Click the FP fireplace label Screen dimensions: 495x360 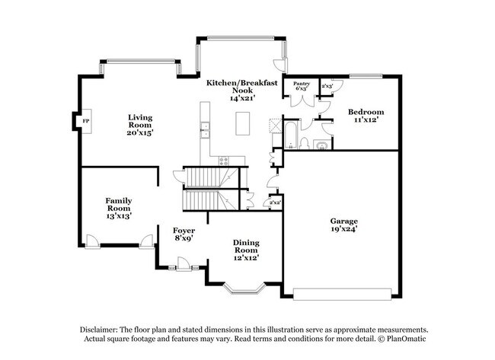pos(85,121)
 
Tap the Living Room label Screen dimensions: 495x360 pos(140,121)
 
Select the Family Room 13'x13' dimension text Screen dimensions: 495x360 pos(119,216)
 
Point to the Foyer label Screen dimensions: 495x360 pos(184,231)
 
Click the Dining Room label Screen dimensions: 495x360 pos(246,247)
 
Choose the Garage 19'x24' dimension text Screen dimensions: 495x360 pos(343,229)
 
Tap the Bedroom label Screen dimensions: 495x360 pos(366,112)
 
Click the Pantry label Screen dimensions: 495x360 pos(302,84)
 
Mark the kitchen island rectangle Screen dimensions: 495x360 pos(242,123)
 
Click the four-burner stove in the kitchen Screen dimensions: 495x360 pos(224,161)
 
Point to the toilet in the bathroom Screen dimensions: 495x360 pos(305,143)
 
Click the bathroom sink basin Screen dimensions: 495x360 pos(321,145)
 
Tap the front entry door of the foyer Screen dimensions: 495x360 pos(184,264)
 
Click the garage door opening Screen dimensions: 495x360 pos(342,294)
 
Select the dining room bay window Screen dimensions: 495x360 pos(244,288)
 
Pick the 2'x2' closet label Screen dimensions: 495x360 pos(275,202)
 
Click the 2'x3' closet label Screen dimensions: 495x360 pos(327,86)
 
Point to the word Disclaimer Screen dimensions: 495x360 pos(99,330)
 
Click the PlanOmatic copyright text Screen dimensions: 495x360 pos(402,339)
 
